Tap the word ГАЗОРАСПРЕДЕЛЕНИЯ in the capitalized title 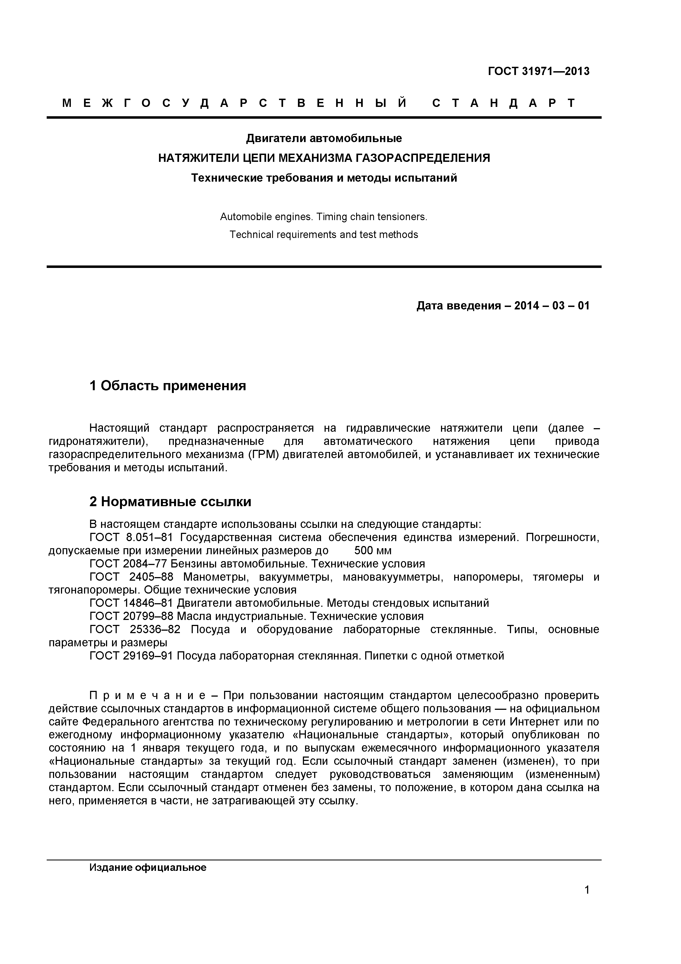coord(423,158)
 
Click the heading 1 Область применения coord(168,386)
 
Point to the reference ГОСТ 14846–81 coord(131,603)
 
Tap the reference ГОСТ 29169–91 coord(131,656)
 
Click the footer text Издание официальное coord(148,868)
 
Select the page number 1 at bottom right coord(587,901)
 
